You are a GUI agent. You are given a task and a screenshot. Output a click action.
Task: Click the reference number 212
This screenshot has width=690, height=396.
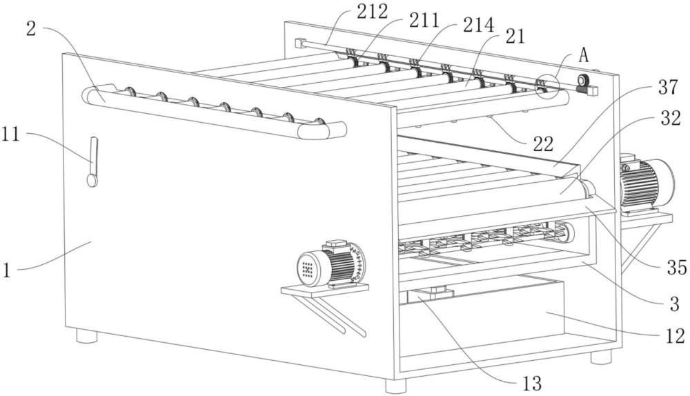tap(373, 10)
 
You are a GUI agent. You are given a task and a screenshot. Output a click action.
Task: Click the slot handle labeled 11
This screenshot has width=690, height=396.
tap(93, 161)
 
